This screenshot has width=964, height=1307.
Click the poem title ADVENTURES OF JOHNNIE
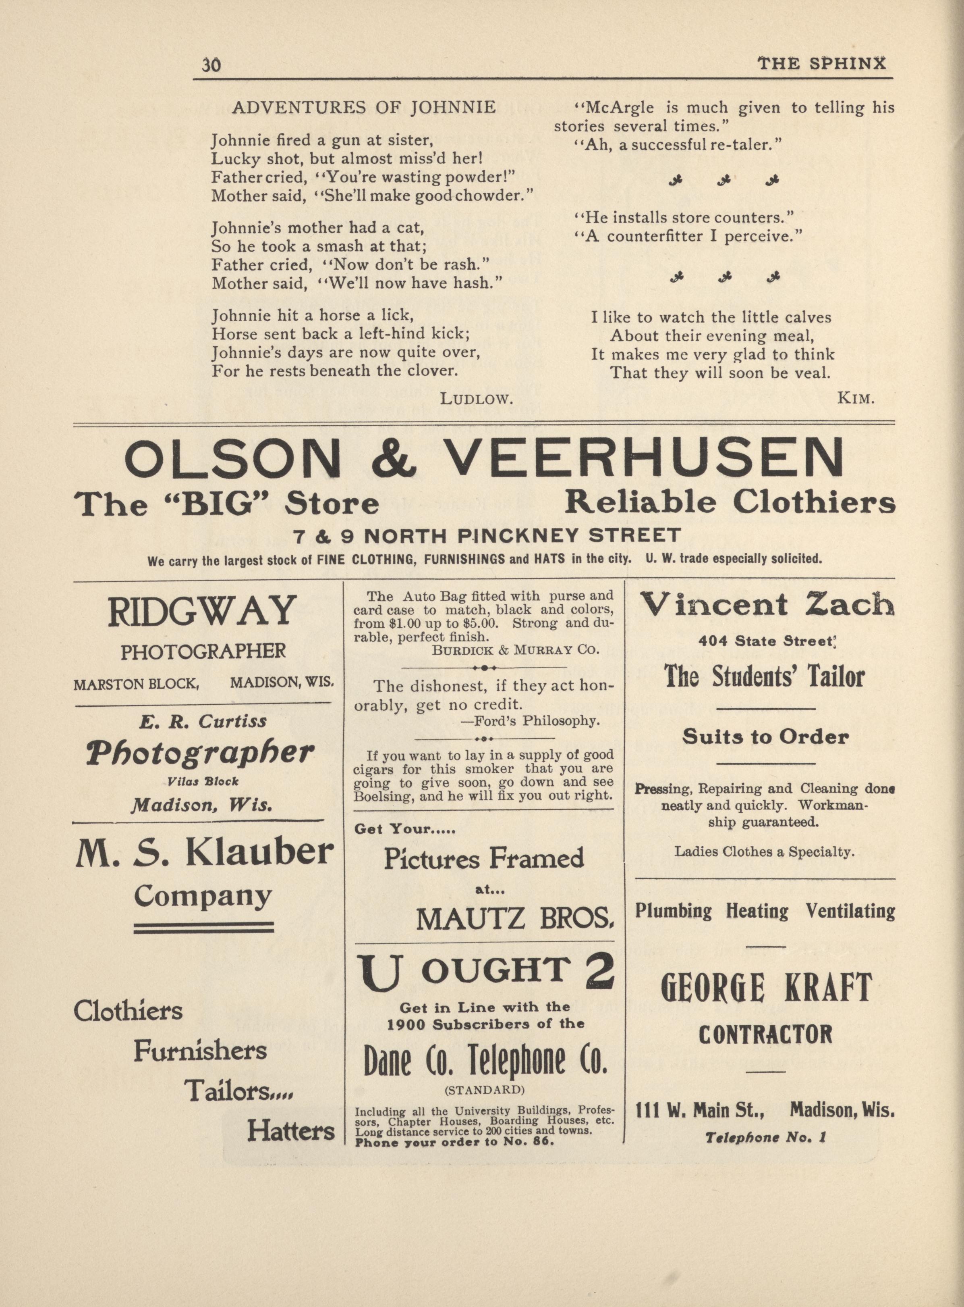363,108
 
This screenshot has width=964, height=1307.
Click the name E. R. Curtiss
203,722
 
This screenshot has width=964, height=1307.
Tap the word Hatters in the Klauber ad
290,1131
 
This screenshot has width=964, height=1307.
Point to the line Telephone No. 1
765,1138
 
